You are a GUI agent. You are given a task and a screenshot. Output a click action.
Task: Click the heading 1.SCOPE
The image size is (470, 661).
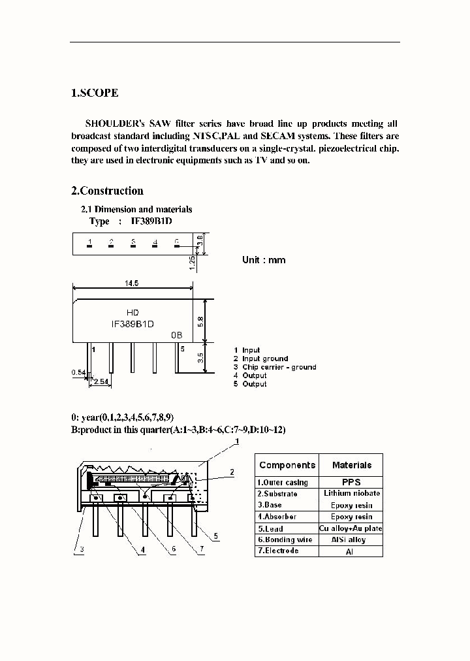tap(95, 93)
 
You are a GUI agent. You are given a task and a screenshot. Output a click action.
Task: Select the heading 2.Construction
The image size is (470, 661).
tap(107, 191)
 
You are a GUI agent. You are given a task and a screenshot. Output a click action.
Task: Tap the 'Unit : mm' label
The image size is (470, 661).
tap(264, 259)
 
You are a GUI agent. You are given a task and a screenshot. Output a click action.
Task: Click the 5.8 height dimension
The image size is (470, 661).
tap(201, 321)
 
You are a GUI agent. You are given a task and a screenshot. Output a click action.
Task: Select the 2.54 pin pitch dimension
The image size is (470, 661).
tap(101, 381)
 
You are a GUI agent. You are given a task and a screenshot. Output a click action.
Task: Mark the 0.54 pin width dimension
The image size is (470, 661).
tap(78, 372)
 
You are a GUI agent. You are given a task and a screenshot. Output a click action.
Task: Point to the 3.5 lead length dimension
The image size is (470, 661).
tap(201, 357)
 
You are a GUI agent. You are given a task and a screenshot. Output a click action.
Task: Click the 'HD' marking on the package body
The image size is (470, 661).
tap(132, 313)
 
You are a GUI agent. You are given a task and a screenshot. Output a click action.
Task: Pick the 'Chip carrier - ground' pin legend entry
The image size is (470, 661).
tap(279, 367)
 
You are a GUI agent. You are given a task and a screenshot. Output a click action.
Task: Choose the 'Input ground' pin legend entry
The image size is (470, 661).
tap(265, 359)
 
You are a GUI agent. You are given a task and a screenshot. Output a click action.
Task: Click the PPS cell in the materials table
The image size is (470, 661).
tap(351, 482)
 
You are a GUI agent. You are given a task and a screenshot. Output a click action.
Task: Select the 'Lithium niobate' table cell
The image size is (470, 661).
tap(351, 493)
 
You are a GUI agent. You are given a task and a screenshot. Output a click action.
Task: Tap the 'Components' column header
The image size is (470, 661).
tap(287, 465)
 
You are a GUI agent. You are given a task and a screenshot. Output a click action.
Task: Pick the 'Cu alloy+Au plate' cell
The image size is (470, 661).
tap(351, 528)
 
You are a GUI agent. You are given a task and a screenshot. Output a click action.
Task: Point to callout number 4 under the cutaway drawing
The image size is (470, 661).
tap(143, 550)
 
